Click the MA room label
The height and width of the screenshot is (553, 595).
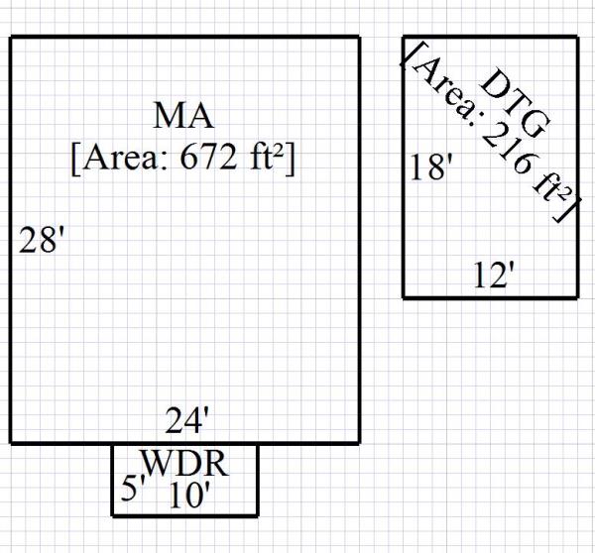coord(183,116)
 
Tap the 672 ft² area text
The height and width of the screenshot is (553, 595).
coord(183,159)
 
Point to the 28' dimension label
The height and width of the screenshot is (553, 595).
coord(43,241)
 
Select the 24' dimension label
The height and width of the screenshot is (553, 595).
coord(187,422)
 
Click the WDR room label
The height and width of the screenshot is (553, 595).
coord(185,463)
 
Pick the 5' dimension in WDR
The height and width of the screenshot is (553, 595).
coord(134,490)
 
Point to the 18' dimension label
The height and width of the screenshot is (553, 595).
coord(430,167)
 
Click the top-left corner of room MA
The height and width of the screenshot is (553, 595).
coord(11,38)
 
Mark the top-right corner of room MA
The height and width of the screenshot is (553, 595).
coord(359,38)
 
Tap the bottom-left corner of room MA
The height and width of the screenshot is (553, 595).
coord(11,442)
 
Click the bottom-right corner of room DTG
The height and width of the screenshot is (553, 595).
coord(577,296)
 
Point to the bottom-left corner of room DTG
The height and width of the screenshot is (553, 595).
coord(404,296)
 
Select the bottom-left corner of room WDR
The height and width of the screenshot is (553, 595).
coord(112,515)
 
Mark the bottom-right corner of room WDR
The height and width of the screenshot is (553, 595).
coord(257,515)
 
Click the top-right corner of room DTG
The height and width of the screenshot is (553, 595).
coord(577,38)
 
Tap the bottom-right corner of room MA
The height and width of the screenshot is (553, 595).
coord(359,442)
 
